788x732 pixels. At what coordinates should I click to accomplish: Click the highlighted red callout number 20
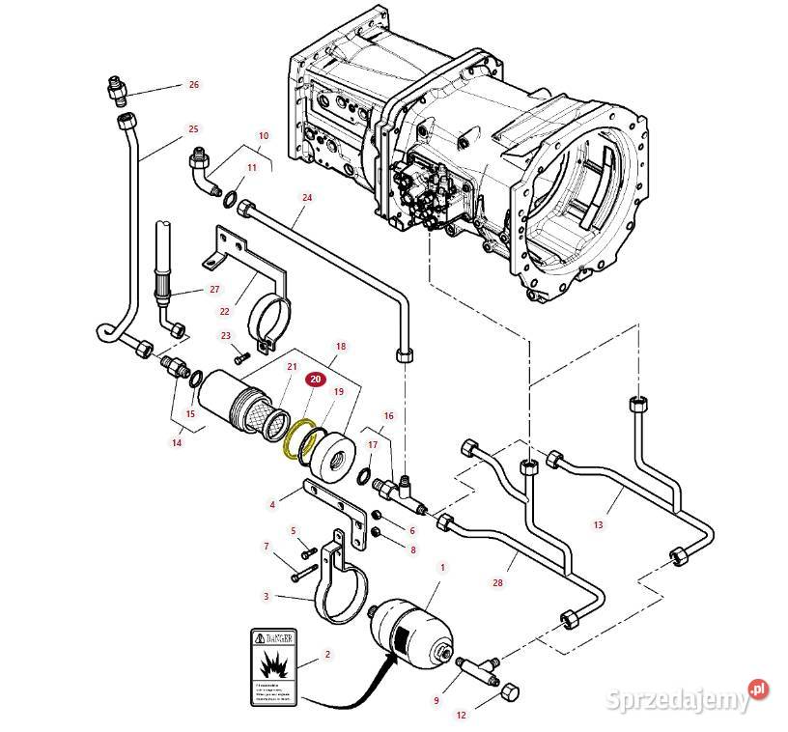[316, 381]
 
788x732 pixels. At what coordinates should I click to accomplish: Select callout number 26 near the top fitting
[193, 85]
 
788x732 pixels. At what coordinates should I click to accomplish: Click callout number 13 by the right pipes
[598, 524]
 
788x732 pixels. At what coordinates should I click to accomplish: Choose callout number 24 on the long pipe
[308, 198]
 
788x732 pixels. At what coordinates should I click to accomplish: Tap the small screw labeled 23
[239, 356]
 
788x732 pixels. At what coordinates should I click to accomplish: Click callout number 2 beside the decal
[327, 655]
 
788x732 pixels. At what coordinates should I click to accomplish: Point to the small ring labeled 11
[231, 200]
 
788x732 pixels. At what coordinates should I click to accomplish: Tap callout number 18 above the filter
[340, 346]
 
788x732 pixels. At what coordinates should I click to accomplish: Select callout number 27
[214, 289]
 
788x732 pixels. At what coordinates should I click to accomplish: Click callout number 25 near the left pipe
[193, 128]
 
